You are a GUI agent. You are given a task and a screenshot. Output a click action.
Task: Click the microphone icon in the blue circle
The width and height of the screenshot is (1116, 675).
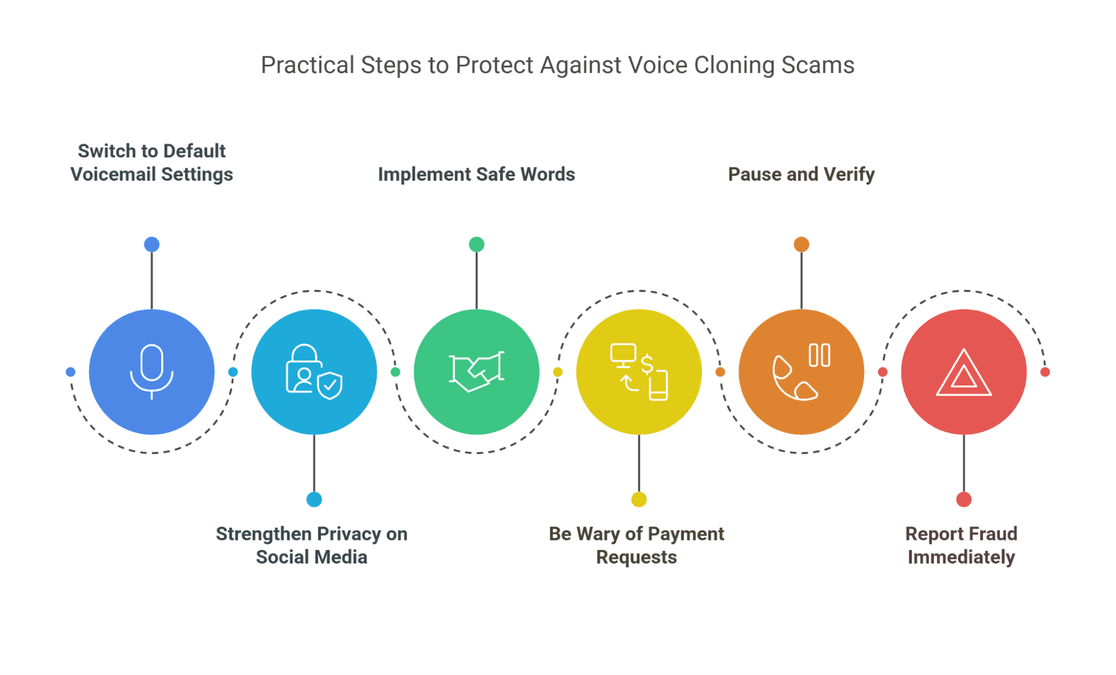tap(151, 371)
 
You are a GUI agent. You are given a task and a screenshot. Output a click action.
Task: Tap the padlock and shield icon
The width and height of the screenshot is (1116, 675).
tap(314, 372)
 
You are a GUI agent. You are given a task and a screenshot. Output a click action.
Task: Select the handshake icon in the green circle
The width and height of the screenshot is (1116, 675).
tap(476, 372)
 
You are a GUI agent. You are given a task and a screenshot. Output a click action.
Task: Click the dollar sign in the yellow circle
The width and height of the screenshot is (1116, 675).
tap(647, 364)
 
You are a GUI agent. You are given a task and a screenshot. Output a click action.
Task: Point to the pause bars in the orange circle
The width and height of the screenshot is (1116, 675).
tap(819, 355)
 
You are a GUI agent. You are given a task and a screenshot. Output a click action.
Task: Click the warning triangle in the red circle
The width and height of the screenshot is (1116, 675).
tap(964, 374)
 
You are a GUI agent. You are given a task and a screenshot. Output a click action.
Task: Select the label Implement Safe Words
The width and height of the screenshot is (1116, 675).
tap(476, 174)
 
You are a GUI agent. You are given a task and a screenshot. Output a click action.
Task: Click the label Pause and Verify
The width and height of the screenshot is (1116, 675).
tap(801, 174)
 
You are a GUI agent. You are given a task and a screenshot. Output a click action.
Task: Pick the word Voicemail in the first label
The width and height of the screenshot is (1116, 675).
tap(113, 174)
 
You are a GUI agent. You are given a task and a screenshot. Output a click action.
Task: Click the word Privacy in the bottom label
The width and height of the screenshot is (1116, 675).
tap(346, 534)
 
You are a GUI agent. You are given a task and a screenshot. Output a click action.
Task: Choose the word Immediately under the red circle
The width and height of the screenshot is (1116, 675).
tap(961, 557)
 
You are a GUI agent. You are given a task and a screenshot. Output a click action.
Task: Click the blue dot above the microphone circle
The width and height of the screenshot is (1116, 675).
tap(152, 244)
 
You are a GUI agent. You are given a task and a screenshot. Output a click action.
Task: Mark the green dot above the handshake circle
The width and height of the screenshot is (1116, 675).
tap(476, 244)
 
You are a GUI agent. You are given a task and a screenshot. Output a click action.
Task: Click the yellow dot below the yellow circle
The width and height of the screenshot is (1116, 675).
tap(639, 499)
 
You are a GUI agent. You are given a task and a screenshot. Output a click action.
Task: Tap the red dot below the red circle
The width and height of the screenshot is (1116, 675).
tap(964, 499)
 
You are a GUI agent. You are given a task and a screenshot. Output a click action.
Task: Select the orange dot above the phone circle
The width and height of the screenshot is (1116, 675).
tap(801, 244)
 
